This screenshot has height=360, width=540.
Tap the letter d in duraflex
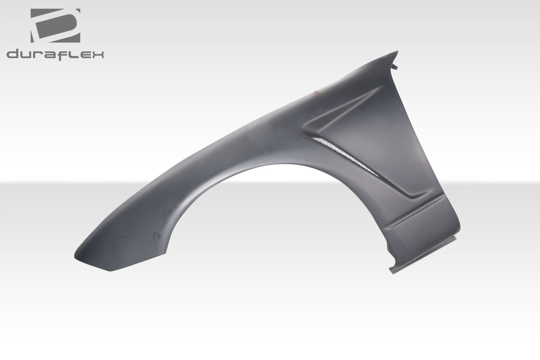click(x=13, y=54)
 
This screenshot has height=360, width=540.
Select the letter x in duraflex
click(x=97, y=54)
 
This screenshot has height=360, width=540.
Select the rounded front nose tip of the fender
click(x=78, y=253)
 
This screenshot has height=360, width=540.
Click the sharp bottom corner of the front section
click(x=110, y=271)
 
